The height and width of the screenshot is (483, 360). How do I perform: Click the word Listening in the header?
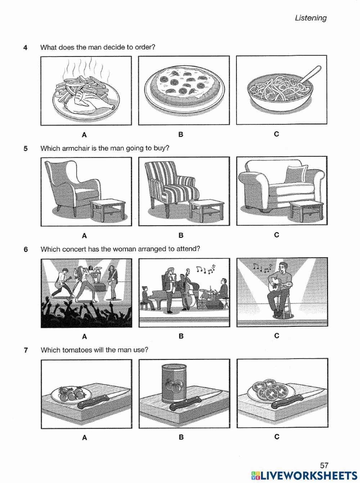(x=311, y=18)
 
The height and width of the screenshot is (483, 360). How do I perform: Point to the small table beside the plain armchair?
(x=105, y=211)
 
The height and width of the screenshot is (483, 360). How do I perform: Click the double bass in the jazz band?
(x=189, y=294)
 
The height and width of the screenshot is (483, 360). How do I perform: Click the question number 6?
(x=26, y=249)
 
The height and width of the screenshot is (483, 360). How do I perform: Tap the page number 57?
(x=324, y=466)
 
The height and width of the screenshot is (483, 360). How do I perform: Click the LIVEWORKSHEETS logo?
(x=304, y=475)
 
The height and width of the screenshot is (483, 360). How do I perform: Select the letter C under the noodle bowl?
(x=276, y=134)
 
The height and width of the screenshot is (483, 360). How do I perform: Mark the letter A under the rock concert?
(x=85, y=336)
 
